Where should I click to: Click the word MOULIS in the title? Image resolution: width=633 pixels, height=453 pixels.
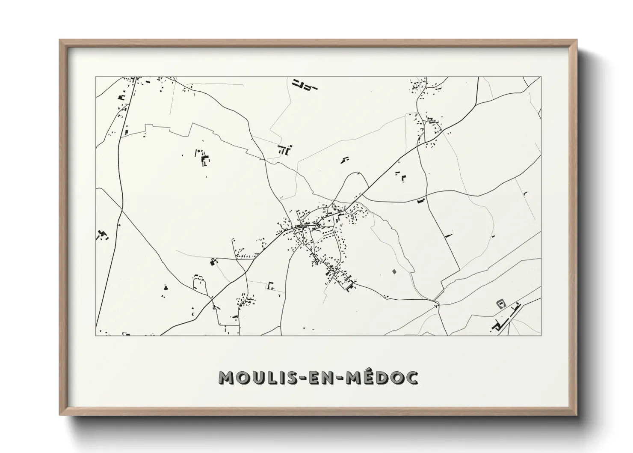[255, 377]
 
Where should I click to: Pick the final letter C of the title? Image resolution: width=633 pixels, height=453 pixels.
[412, 377]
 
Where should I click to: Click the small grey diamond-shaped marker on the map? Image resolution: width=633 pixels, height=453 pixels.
[394, 271]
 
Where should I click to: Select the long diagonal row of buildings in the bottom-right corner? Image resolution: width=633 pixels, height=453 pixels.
[507, 317]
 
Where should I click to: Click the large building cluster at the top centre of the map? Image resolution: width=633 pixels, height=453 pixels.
[304, 84]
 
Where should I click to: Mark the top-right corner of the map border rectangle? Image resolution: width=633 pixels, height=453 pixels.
[541, 77]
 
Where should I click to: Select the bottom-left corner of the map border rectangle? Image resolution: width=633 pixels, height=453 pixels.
[96, 335]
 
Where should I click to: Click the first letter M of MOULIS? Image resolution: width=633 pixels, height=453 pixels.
[225, 377]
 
